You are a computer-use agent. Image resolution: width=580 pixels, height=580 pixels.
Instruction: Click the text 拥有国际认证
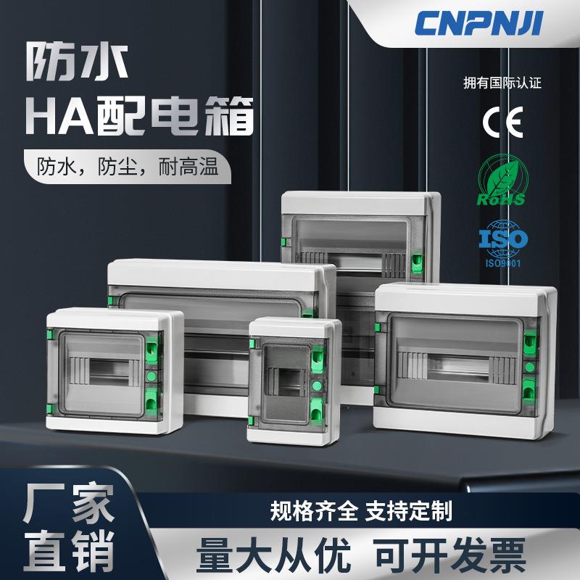click(502, 82)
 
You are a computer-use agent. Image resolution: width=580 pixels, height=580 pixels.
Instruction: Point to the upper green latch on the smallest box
click(317, 356)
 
